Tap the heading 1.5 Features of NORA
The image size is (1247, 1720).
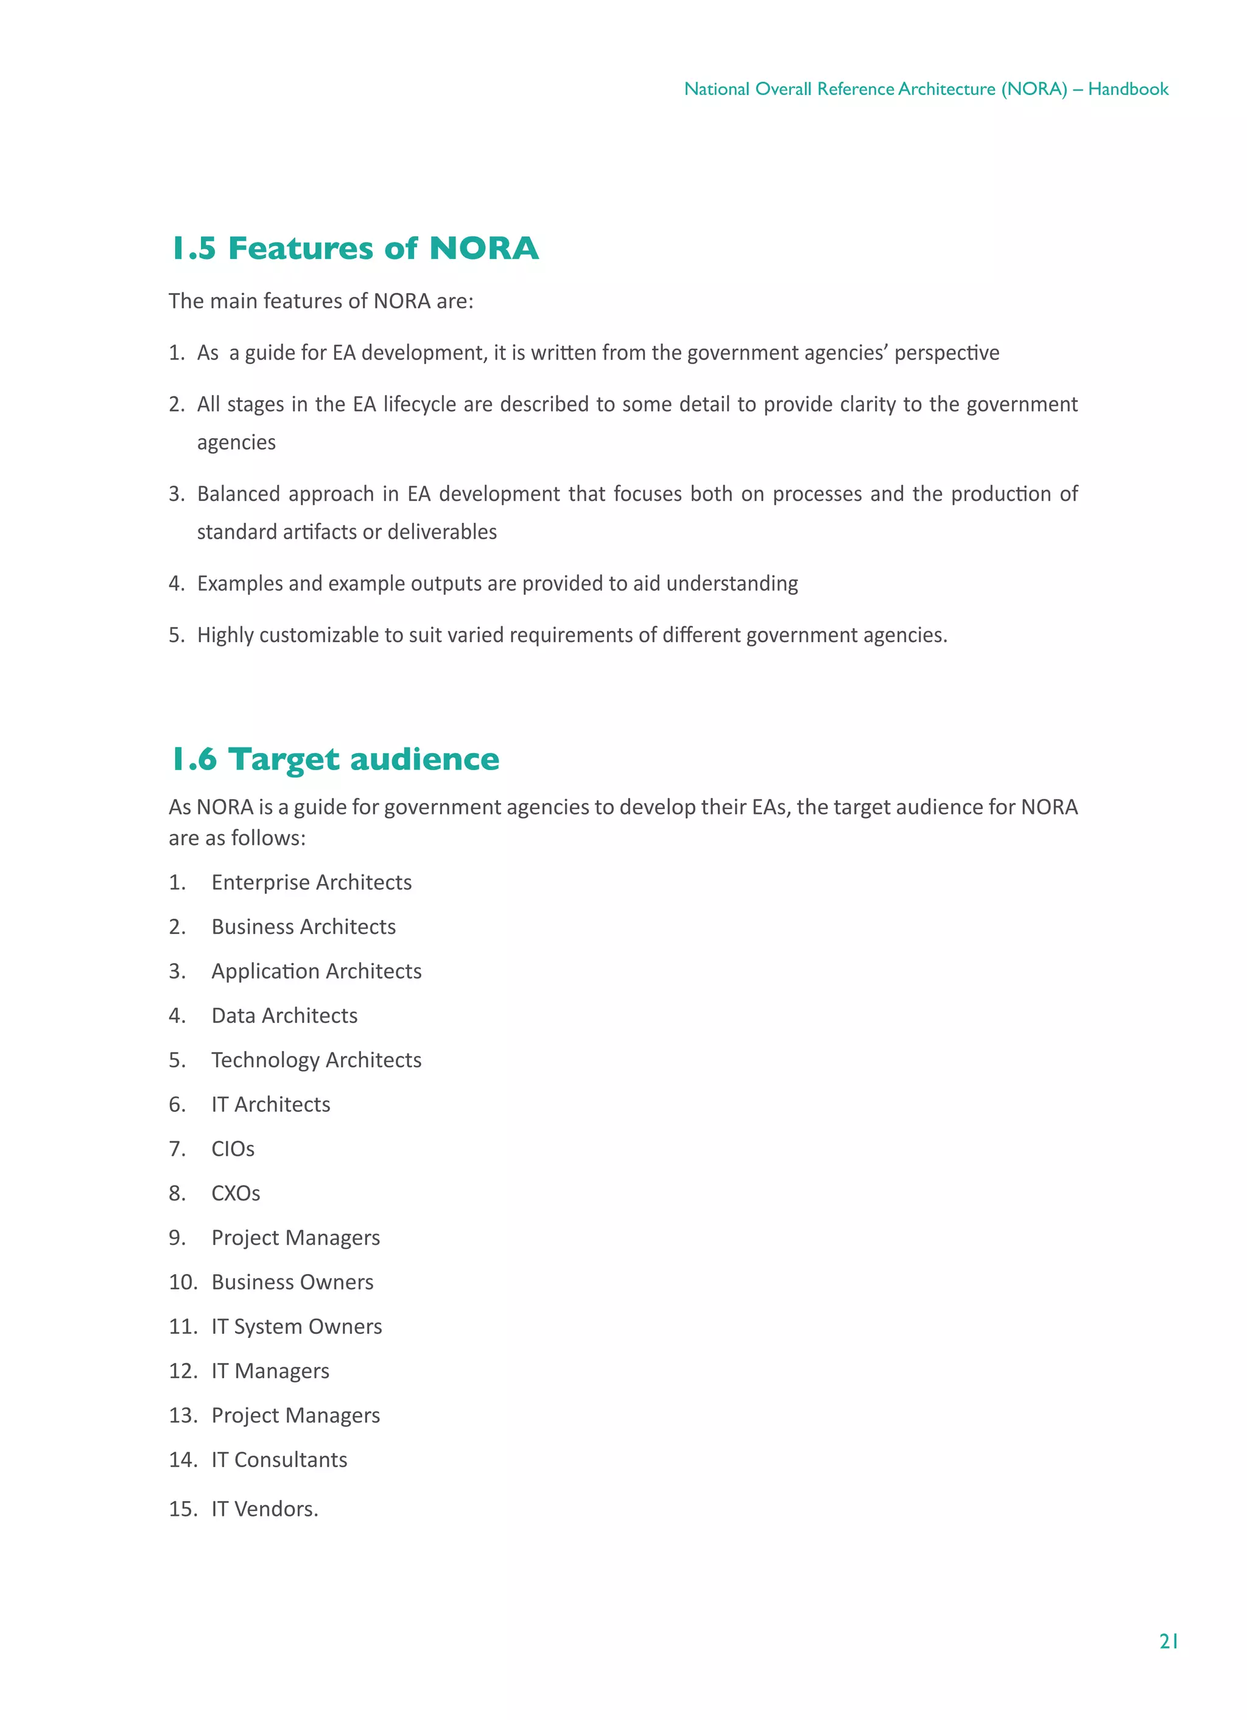pos(355,248)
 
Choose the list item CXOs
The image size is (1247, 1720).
pos(235,1193)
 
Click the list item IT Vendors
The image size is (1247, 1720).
pos(264,1509)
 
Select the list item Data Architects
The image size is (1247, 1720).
pos(284,1016)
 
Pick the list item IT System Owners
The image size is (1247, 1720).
pos(297,1326)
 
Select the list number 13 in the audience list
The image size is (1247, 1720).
pos(182,1415)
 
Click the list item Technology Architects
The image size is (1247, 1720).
pos(316,1060)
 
